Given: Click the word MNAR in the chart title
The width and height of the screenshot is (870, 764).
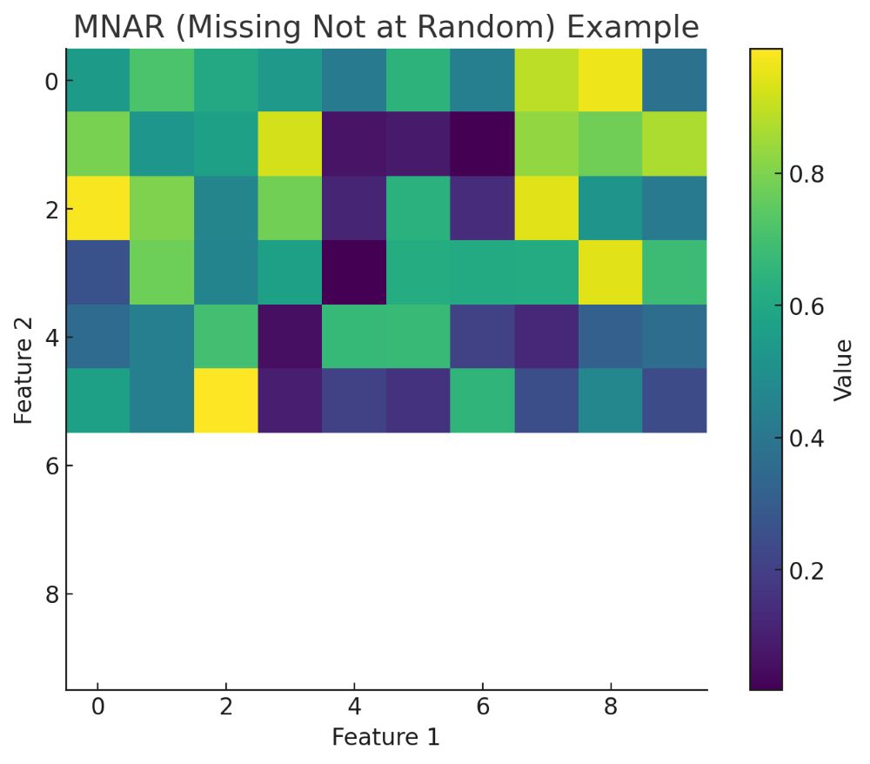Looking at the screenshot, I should point(120,28).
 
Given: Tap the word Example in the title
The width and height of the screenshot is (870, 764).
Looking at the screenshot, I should point(632,28).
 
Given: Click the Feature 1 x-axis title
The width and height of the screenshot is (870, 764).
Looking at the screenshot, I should point(385,737).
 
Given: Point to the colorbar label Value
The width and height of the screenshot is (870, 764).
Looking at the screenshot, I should point(842,369).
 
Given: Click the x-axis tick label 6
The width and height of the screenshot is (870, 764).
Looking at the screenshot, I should point(482,707).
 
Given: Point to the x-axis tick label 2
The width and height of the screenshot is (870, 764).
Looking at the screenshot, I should point(225,707).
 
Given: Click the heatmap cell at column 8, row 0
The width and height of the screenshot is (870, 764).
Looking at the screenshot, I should point(611,81).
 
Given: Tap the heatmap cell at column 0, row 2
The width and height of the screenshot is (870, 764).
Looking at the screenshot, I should point(97,209).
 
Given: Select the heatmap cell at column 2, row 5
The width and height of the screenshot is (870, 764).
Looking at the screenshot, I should point(225,400).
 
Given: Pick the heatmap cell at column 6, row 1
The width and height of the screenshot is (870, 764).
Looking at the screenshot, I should point(482,144).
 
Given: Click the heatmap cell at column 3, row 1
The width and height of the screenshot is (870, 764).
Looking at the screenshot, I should point(290,144).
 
